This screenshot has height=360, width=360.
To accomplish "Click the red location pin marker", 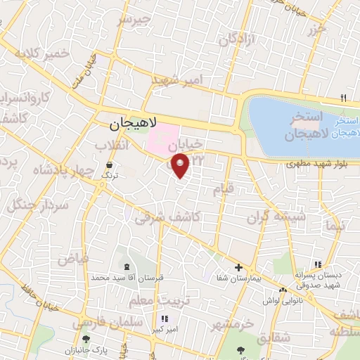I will (181, 166).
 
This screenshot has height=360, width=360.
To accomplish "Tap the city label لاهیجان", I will (130, 124).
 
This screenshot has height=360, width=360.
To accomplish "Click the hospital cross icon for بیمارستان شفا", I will (238, 267).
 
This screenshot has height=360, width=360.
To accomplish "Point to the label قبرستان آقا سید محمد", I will (127, 278).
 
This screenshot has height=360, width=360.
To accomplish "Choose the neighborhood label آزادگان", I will (236, 40).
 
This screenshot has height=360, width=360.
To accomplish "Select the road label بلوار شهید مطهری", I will (312, 165).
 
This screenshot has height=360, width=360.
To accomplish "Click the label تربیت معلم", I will (149, 301).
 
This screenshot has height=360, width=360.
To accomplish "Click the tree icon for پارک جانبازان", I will (86, 340).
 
